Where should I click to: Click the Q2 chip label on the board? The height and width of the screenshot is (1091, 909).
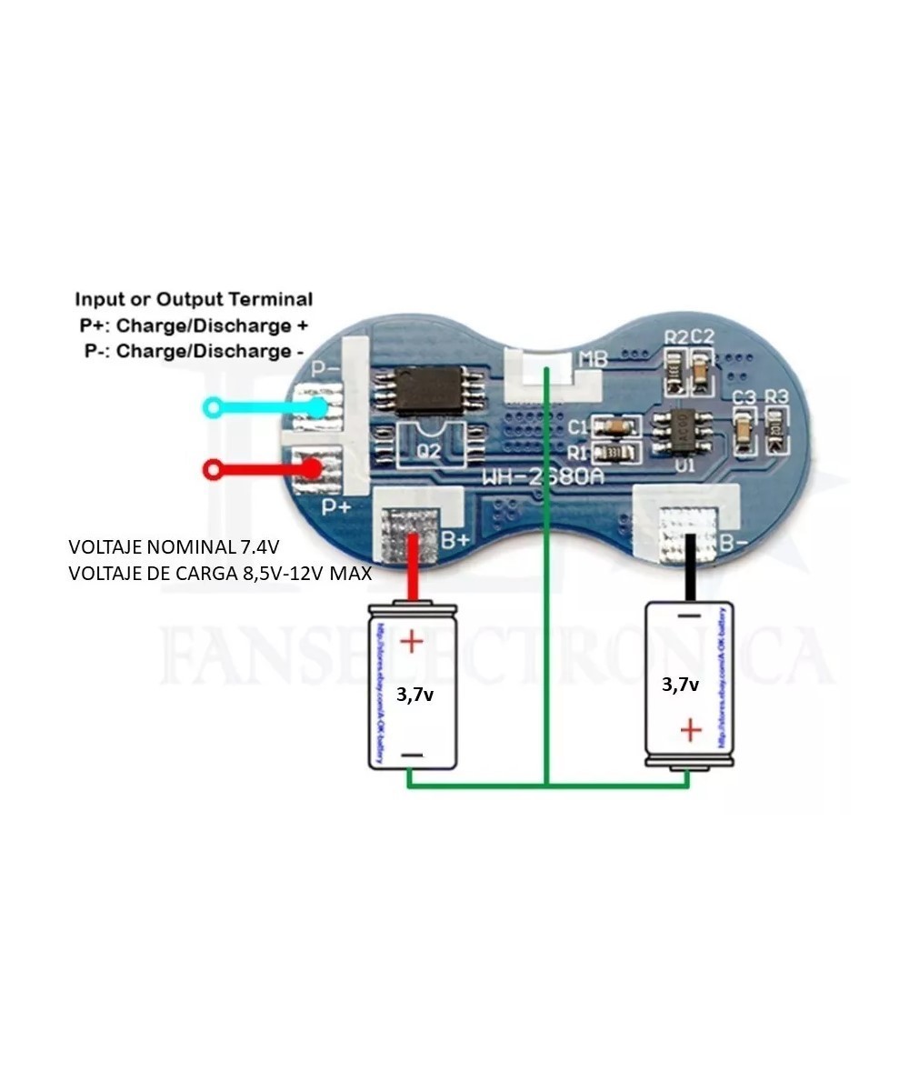[428, 451]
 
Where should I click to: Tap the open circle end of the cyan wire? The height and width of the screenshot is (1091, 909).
[211, 407]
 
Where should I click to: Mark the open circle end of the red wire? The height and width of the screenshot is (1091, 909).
[213, 470]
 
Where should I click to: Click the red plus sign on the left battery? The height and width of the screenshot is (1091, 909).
[412, 642]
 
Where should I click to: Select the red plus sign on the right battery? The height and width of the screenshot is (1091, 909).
[692, 728]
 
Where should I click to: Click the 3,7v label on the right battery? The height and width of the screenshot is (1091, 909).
[680, 685]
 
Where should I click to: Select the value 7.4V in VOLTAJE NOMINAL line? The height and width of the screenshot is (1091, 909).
[260, 548]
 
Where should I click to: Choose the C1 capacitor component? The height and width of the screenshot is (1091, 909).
[615, 425]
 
